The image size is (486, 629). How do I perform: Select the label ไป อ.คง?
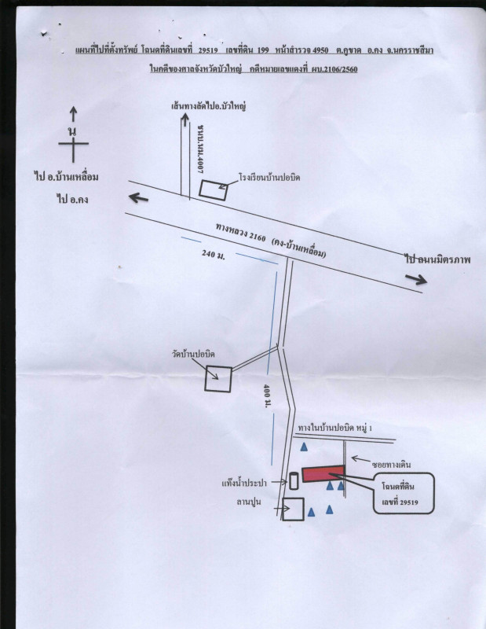click(72, 200)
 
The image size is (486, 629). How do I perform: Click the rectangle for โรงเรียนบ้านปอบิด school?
click(211, 189)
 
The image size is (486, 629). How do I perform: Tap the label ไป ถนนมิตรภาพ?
click(442, 258)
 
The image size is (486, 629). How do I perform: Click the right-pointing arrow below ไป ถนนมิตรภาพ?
click(417, 278)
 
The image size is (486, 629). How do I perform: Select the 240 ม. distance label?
click(214, 254)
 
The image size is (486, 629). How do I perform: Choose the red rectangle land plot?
click(323, 473)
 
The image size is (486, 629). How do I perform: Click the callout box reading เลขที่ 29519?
click(400, 494)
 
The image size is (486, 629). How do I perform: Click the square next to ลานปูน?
click(293, 509)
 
